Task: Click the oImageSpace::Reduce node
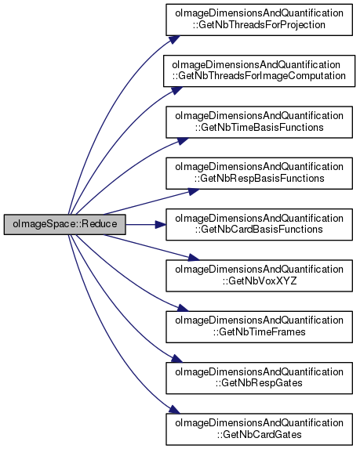[65, 224]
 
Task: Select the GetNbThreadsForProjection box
[259, 20]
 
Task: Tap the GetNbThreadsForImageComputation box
[259, 71]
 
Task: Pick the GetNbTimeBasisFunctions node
[259, 122]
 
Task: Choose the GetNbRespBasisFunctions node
[259, 173]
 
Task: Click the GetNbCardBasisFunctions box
[259, 224]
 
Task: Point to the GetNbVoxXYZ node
[259, 276]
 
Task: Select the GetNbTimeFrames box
[259, 327]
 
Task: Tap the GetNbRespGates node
[259, 378]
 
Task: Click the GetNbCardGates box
[259, 429]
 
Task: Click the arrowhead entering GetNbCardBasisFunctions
[161, 224]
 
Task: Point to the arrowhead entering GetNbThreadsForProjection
[174, 39]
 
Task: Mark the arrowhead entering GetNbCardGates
[174, 409]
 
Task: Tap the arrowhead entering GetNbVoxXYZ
[194, 258]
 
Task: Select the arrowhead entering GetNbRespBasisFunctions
[194, 191]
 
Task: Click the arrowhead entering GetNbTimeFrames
[183, 308]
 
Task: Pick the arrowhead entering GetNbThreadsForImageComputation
[176, 90]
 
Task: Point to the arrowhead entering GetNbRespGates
[176, 359]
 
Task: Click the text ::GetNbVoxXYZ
[260, 281]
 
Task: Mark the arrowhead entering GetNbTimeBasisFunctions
[183, 141]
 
